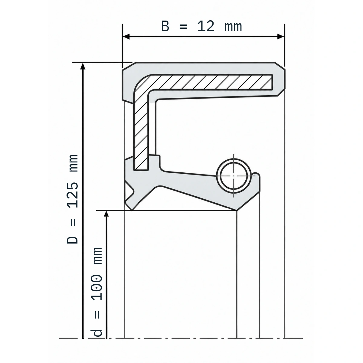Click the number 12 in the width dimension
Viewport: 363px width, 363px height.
pyautogui.click(x=206, y=26)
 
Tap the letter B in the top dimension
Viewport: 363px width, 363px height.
pyautogui.click(x=165, y=26)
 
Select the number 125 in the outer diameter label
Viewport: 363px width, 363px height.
pyautogui.click(x=73, y=195)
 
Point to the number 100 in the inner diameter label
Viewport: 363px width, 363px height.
pyautogui.click(x=96, y=288)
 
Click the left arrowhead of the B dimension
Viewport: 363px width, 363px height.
pyautogui.click(x=126, y=37)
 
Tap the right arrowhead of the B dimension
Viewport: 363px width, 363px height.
pyautogui.click(x=281, y=37)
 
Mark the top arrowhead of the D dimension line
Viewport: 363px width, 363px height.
pyautogui.click(x=83, y=66)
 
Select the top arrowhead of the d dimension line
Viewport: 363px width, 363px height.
pyautogui.click(x=106, y=214)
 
